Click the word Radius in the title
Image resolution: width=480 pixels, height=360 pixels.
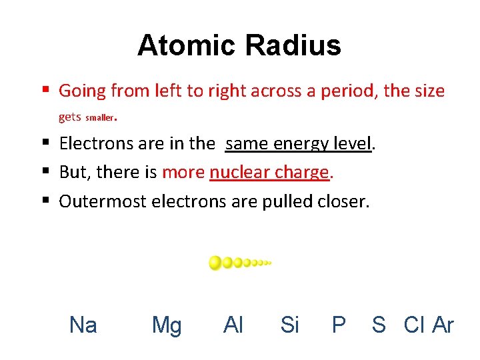[293, 46]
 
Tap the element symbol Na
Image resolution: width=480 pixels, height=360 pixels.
[83, 325]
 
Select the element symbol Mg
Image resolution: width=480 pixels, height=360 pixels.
[167, 325]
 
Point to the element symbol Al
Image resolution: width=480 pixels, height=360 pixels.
[233, 325]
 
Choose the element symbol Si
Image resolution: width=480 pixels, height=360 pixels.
[290, 325]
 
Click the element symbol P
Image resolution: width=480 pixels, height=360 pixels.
[339, 325]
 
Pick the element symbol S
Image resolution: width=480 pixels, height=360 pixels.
[379, 325]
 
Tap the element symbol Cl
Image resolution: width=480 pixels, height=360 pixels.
[414, 325]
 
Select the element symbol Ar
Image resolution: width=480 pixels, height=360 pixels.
[443, 325]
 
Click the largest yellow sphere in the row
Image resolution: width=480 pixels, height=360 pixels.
[215, 263]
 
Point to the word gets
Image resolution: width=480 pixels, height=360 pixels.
[70, 117]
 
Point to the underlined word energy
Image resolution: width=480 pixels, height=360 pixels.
[299, 144]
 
